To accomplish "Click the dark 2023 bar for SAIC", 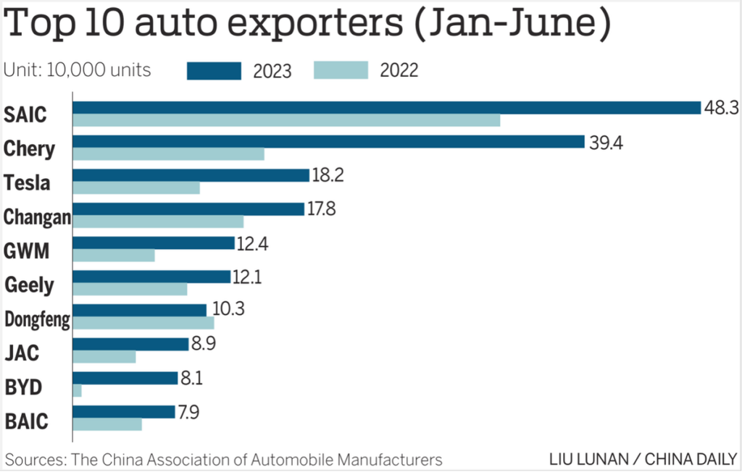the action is (x=387, y=108).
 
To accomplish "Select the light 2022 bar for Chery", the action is (x=168, y=154).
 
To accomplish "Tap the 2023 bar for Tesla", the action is (x=191, y=175).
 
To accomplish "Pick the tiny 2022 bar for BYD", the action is (x=77, y=391).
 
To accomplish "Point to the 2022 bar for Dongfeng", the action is (x=143, y=323).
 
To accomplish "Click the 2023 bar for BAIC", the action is (x=124, y=412).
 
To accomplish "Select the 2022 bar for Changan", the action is (x=158, y=222).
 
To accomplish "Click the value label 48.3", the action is (x=721, y=108).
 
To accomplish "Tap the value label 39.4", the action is (x=606, y=143).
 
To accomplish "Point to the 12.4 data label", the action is (x=252, y=243).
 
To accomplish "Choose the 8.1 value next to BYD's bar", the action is (x=191, y=379).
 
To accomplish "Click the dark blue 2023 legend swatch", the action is (x=214, y=70).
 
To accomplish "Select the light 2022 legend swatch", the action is (x=341, y=70).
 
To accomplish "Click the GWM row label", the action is (x=27, y=250).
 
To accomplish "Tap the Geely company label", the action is (x=29, y=285).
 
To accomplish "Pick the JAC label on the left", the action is (x=22, y=353).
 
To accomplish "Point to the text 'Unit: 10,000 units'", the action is (x=77, y=70).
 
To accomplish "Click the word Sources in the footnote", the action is (x=36, y=460).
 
